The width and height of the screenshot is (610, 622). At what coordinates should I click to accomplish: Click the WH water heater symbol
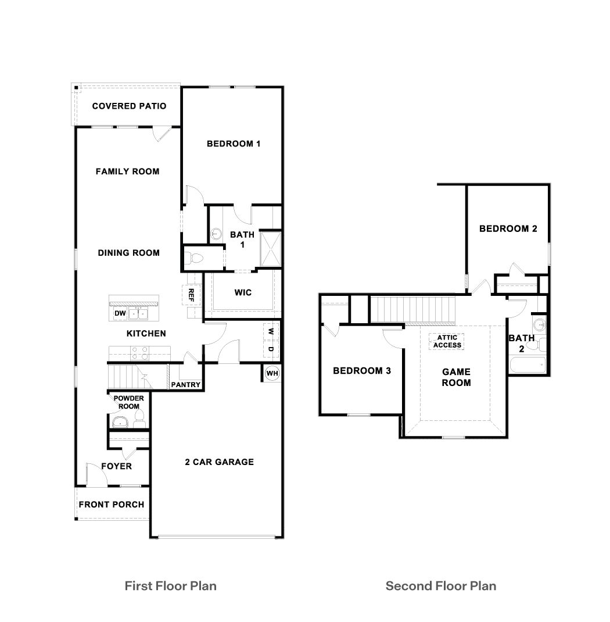click(271, 373)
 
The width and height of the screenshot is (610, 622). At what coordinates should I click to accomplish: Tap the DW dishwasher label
click(120, 314)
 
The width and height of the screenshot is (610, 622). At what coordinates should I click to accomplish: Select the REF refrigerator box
click(191, 295)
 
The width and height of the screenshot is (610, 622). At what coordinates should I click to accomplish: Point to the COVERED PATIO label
click(129, 106)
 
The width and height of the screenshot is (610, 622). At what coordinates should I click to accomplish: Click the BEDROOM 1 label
click(234, 144)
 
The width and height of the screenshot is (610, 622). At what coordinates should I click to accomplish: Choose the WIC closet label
click(243, 292)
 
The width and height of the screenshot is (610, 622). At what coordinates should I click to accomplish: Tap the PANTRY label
click(186, 385)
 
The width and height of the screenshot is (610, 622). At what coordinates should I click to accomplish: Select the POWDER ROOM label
click(128, 402)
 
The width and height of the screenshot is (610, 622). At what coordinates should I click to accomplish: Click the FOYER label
click(116, 466)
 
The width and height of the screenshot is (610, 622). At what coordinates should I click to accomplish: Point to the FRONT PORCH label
click(112, 504)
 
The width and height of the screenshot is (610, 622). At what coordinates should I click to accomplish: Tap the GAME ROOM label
click(456, 377)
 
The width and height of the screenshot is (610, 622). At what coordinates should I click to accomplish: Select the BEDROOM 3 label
click(361, 371)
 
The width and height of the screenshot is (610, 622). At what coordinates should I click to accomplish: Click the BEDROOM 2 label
click(508, 228)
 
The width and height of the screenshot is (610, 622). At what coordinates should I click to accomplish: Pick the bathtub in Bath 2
click(526, 365)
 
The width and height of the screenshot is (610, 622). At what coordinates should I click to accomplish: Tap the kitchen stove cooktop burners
click(139, 352)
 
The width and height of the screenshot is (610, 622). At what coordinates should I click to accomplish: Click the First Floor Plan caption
click(170, 585)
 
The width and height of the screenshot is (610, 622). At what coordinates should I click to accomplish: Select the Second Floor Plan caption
click(441, 585)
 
